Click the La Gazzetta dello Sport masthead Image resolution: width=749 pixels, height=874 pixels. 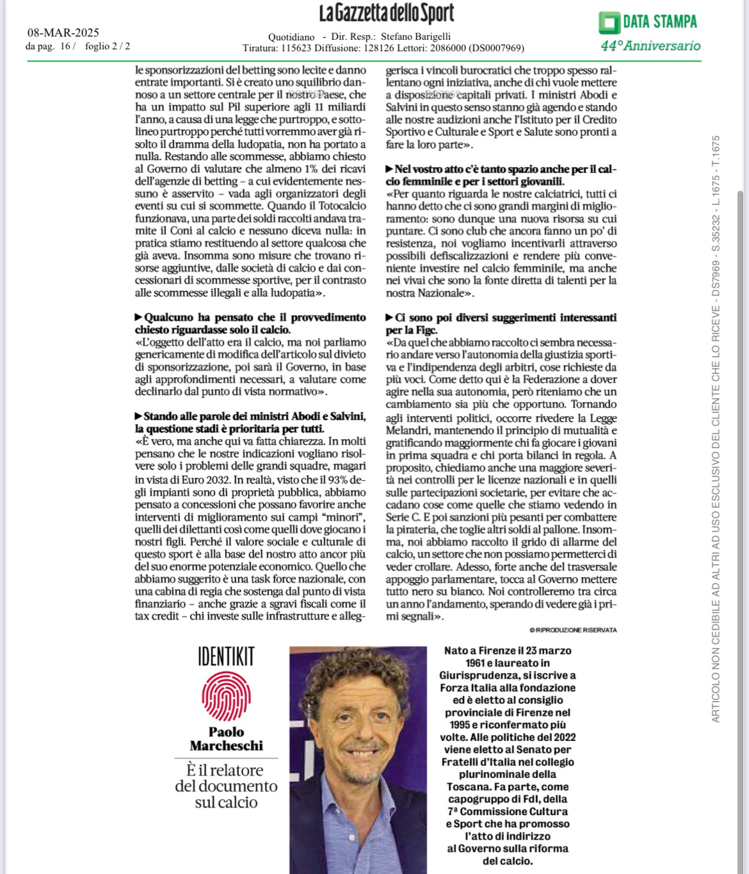387,14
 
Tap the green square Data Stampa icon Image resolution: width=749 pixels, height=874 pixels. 609,22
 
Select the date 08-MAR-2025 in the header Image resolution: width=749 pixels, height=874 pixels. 63,33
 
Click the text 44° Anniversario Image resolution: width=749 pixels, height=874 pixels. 650,45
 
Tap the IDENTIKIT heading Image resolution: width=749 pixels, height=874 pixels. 226,657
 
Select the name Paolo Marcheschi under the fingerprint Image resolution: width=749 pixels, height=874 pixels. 226,739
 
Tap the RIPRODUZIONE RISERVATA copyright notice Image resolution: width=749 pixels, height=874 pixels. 574,630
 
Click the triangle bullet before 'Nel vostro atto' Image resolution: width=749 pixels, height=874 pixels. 390,169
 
